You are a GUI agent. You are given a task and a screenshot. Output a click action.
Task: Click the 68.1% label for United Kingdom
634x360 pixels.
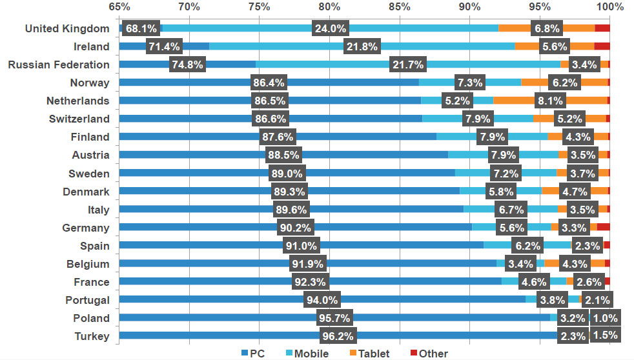pyautogui.click(x=141, y=28)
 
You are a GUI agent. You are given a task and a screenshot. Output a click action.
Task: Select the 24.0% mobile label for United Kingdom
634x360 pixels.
pyautogui.click(x=330, y=28)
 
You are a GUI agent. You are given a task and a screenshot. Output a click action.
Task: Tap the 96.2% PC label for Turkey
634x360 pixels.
pyautogui.click(x=338, y=336)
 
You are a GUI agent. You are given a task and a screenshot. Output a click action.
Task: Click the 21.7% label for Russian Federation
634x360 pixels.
pyautogui.click(x=407, y=65)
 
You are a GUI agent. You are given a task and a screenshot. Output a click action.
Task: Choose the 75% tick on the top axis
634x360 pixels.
pyautogui.click(x=259, y=7)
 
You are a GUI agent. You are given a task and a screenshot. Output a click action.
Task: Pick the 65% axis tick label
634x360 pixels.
pyautogui.click(x=120, y=7)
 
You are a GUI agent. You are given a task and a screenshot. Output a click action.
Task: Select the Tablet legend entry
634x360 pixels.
pyautogui.click(x=370, y=353)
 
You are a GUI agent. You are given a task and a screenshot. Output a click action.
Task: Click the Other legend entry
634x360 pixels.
pyautogui.click(x=429, y=353)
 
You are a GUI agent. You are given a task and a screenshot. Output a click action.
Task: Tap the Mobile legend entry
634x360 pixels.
pyautogui.click(x=307, y=353)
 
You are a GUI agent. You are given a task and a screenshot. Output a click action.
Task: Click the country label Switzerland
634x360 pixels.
pyautogui.click(x=79, y=119)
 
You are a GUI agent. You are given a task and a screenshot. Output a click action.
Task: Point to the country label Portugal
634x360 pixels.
pyautogui.click(x=87, y=300)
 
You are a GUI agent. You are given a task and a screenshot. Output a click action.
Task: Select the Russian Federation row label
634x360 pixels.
pyautogui.click(x=59, y=65)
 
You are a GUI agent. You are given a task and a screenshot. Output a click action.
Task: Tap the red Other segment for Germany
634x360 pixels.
pyautogui.click(x=604, y=227)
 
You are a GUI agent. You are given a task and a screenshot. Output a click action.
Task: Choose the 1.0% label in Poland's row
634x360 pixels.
pyautogui.click(x=605, y=318)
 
